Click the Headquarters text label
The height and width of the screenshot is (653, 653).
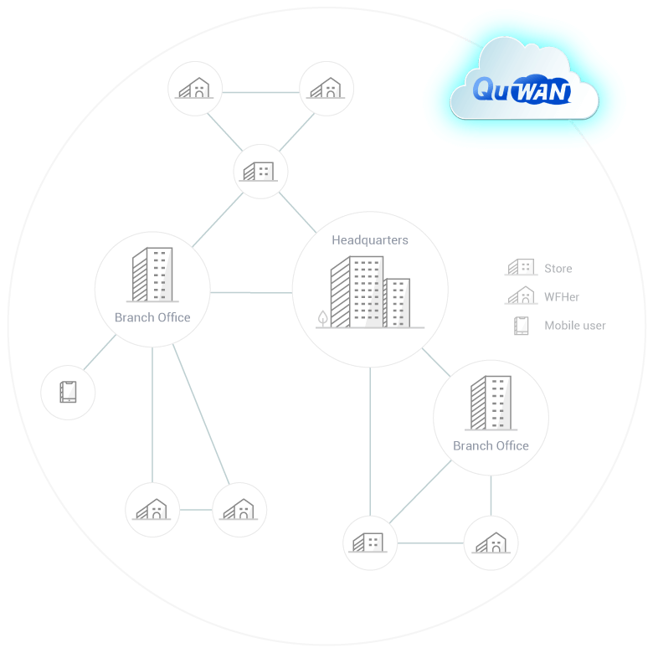(x=370, y=240)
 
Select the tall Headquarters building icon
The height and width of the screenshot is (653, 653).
(x=357, y=292)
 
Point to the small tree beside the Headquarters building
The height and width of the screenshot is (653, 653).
(x=322, y=318)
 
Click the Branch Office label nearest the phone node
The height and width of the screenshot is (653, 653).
(x=152, y=317)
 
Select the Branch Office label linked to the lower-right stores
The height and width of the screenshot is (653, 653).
(x=491, y=445)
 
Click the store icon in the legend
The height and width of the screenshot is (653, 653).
(x=521, y=268)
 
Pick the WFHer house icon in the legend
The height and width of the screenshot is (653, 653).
(x=521, y=296)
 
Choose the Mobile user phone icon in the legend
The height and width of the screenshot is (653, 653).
(x=522, y=326)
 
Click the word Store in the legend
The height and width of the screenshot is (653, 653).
(x=558, y=269)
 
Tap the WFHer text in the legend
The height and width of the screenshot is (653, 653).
(x=562, y=296)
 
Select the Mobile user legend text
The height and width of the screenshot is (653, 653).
(x=575, y=326)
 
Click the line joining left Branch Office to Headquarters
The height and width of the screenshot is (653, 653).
(x=250, y=292)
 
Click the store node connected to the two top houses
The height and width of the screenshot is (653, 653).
(x=260, y=172)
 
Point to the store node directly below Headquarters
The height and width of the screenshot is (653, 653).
(x=369, y=542)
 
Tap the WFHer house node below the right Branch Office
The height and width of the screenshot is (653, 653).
(x=491, y=542)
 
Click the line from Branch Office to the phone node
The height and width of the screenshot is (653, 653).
(x=100, y=352)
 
